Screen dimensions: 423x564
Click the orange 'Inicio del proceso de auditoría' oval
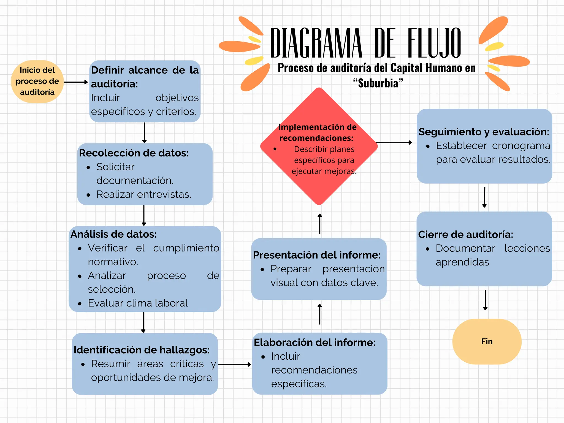(x=37, y=82)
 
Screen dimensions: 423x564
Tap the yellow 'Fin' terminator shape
(x=487, y=341)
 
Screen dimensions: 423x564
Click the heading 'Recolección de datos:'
(x=134, y=153)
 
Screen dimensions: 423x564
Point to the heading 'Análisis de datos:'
(x=113, y=234)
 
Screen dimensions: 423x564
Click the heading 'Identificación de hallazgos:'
(x=142, y=350)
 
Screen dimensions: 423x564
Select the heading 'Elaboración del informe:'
(x=314, y=343)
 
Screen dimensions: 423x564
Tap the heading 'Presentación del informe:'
(x=317, y=255)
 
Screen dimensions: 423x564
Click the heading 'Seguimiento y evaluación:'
(x=484, y=132)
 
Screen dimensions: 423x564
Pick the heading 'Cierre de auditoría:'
(x=465, y=235)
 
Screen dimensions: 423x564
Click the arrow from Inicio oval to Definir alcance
(x=76, y=82)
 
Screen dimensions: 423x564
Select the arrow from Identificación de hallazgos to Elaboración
(x=234, y=365)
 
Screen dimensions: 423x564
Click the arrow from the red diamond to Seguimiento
(x=394, y=143)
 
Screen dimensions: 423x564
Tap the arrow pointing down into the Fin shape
(x=485, y=300)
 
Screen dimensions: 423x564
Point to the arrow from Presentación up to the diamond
(x=320, y=224)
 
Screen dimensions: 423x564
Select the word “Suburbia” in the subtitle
(x=378, y=83)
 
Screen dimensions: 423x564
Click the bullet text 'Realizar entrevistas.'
(x=143, y=194)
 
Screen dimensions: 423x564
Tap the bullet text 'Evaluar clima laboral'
(x=138, y=303)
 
